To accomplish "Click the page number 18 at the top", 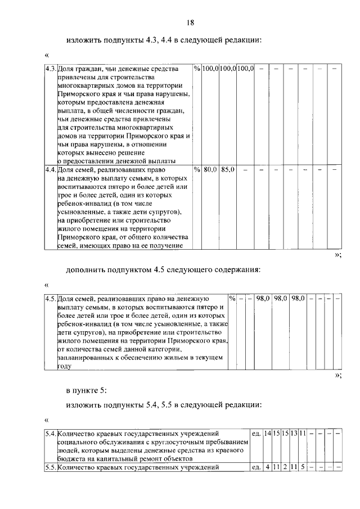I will click(190, 22).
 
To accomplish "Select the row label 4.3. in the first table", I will click(50, 69).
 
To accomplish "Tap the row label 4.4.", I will click(50, 169).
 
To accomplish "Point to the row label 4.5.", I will click(50, 299).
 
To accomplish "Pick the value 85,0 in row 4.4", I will click(228, 169).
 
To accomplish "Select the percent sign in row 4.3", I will click(196, 69).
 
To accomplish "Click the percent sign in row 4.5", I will click(232, 299).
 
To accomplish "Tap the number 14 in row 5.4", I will click(268, 434).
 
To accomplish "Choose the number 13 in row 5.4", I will click(293, 434).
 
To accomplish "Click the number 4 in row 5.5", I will click(268, 467).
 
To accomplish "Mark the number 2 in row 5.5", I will click(285, 467).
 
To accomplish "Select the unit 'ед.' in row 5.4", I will click(255, 434).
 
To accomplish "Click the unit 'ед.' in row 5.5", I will click(255, 467).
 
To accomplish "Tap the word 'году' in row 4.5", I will click(65, 366).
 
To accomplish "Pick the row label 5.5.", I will click(50, 467).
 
